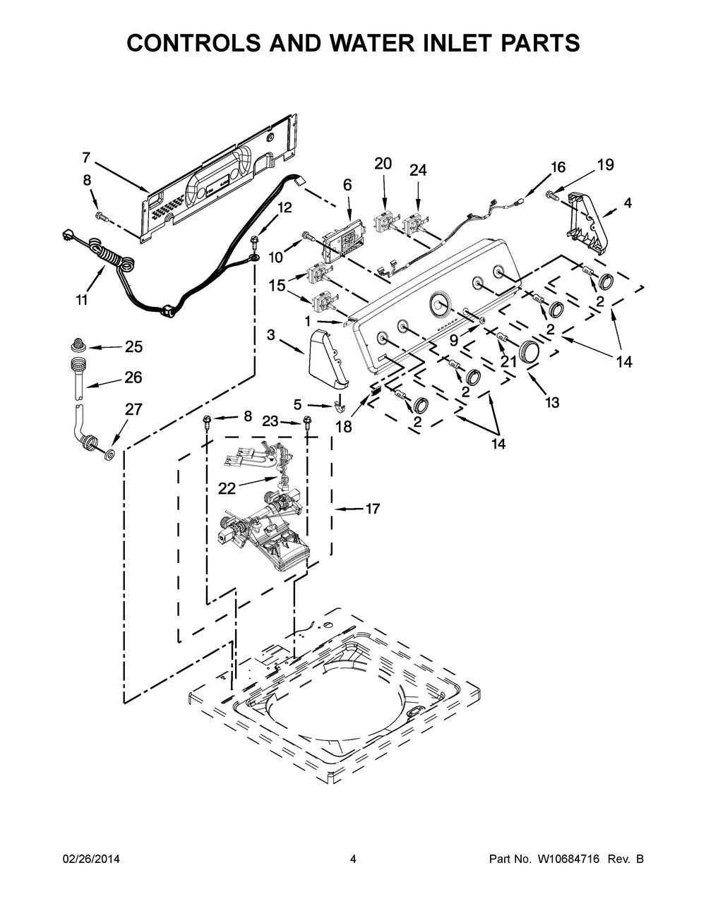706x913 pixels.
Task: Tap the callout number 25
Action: pos(133,346)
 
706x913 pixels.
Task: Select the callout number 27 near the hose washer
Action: pos(133,409)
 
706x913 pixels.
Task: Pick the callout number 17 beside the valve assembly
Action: pos(373,508)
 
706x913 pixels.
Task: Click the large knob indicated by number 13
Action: pos(528,352)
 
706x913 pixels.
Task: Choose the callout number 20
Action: pos(383,164)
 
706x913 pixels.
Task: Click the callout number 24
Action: pos(418,170)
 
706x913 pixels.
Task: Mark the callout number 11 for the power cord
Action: pos(82,300)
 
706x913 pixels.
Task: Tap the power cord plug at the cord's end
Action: pos(71,236)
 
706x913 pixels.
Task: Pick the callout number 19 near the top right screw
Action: pos(605,165)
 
